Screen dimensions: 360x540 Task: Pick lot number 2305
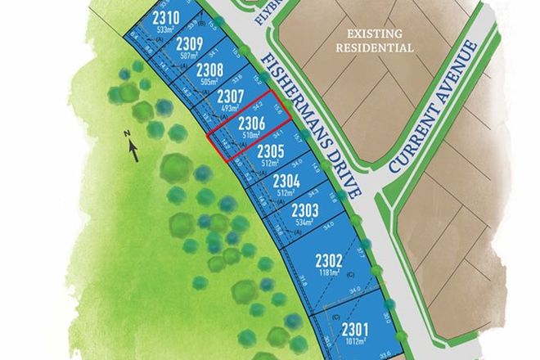(x=270, y=151)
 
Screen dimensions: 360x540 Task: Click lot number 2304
(x=286, y=180)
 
